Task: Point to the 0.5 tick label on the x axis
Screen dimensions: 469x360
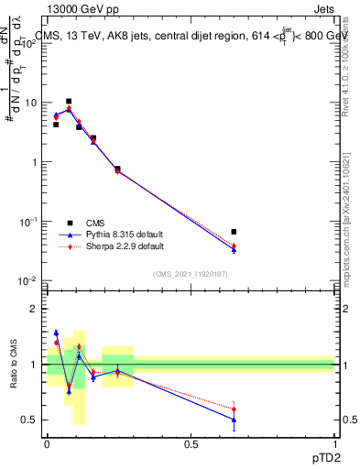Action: pos(191,443)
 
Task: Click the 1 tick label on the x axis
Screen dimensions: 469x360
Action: pos(334,443)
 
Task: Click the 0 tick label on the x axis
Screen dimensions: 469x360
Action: pos(47,443)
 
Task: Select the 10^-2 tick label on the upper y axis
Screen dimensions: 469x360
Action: pos(29,281)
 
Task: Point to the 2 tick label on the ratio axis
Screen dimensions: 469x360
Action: pos(34,309)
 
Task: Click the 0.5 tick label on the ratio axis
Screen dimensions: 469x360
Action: pos(29,420)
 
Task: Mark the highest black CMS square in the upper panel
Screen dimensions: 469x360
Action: pos(69,102)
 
